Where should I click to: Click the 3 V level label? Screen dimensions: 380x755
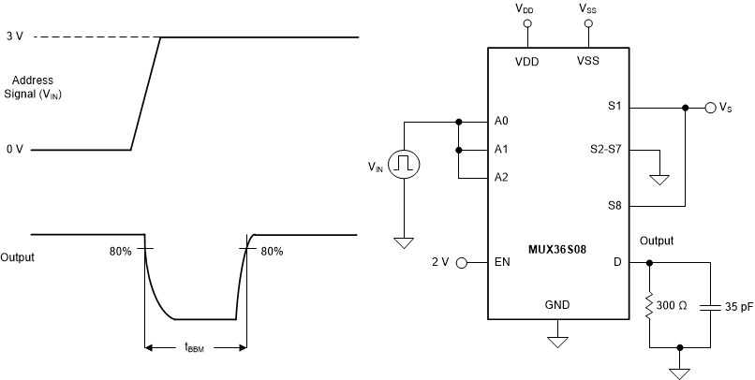13,37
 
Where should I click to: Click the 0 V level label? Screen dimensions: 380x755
13,149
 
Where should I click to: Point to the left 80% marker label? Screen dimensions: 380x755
120,251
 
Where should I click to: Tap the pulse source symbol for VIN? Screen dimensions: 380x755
405,165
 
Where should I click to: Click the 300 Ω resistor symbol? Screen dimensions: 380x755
649,305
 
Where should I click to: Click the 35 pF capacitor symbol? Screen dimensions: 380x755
711,305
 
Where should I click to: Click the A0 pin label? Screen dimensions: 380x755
502,122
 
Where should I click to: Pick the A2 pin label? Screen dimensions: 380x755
502,178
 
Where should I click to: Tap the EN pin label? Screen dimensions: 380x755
502,263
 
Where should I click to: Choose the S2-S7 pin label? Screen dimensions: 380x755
604,150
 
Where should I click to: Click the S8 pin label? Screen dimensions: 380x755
614,206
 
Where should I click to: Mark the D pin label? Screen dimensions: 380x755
617,263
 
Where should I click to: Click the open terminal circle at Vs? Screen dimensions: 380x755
711,108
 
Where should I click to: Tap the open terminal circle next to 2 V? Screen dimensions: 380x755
461,263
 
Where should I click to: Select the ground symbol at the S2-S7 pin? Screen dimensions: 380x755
660,179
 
